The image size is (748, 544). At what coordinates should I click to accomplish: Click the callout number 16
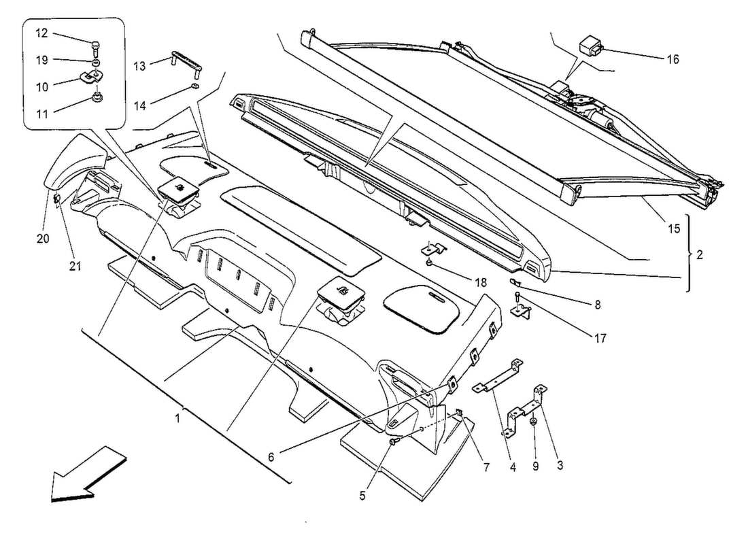tap(672, 60)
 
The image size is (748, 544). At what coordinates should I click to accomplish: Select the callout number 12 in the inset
tap(42, 33)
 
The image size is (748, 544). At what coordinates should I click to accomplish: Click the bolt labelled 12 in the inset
tap(95, 46)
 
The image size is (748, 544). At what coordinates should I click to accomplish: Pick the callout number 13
tap(139, 66)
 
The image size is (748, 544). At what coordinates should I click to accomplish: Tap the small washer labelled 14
tap(195, 86)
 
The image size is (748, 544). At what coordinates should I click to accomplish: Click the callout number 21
tap(75, 267)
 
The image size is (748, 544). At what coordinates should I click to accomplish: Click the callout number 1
tap(177, 418)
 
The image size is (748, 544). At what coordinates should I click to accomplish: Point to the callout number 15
tap(673, 229)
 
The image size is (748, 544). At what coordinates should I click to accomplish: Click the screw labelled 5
tap(394, 443)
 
